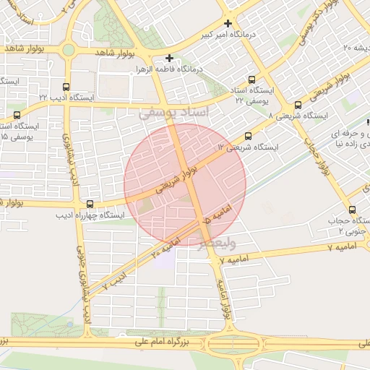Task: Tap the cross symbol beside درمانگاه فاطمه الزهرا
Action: [x=169, y=58]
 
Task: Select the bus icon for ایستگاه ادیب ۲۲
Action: [x=67, y=85]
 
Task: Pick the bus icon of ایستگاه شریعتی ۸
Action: [x=298, y=104]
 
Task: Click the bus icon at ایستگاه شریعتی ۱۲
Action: [x=249, y=135]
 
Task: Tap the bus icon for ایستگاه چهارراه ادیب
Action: [x=90, y=204]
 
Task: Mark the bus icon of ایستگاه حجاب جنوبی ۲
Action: [x=353, y=210]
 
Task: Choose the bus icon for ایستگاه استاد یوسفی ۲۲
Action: [x=251, y=80]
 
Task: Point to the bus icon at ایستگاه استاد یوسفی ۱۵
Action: [x=16, y=114]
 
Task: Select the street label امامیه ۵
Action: [x=218, y=214]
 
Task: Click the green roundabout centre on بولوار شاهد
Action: [x=69, y=50]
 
